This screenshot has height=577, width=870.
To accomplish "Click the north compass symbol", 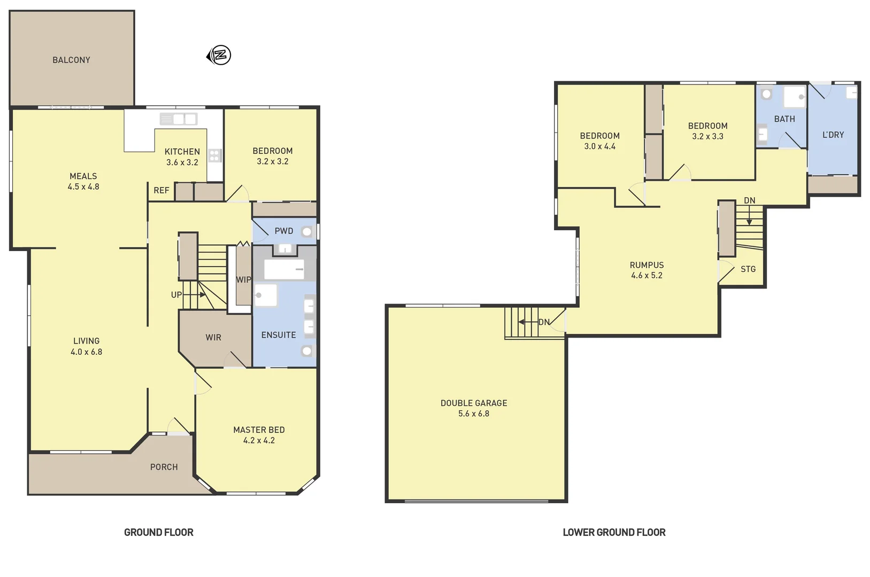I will (219, 55).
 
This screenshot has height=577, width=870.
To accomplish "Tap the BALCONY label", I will (71, 60).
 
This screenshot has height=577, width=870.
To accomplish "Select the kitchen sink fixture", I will (179, 119).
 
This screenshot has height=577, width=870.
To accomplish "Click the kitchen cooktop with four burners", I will (214, 155).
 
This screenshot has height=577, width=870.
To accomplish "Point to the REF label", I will (161, 190).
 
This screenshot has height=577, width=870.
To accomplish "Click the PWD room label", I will (283, 231).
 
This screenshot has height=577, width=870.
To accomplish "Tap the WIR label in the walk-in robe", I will (213, 337).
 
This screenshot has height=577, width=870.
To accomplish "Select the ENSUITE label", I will (278, 335).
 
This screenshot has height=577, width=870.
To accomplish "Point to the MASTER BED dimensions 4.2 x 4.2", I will (259, 441).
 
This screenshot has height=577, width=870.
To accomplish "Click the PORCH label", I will (164, 467).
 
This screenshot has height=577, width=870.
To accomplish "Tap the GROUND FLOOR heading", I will (158, 532).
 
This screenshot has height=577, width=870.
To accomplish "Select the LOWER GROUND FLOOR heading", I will (614, 532).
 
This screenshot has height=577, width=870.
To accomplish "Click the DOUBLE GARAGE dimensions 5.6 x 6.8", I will (473, 414).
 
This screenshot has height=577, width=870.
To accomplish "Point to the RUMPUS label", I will (646, 265).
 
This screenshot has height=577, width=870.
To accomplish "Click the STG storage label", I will (748, 269).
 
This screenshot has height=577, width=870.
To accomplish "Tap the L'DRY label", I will (833, 135).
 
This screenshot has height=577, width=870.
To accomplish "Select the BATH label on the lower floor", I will (784, 119).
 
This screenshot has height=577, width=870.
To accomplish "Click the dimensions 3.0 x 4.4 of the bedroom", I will (599, 146).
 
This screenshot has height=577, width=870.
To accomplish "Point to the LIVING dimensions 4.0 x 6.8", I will (86, 352).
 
